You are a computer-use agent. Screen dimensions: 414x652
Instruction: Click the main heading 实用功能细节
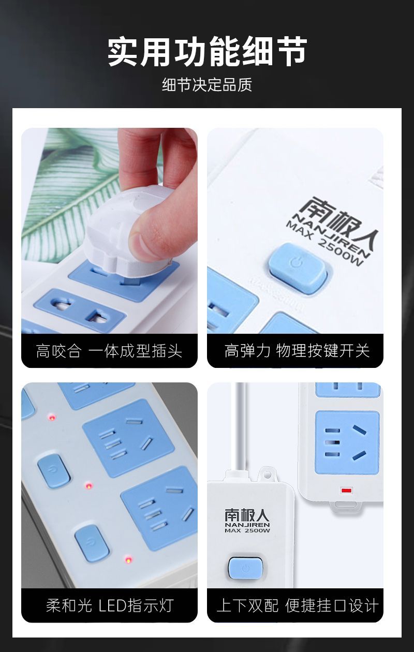click(x=207, y=52)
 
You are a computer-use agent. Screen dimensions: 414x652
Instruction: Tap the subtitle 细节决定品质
click(x=207, y=85)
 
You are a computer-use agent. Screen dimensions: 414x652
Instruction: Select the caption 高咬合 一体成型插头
click(x=109, y=351)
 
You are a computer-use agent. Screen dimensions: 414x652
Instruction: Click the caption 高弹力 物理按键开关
click(x=297, y=350)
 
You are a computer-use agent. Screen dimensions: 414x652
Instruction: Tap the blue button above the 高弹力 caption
click(x=298, y=269)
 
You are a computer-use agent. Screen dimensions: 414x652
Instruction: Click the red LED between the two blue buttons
click(x=89, y=486)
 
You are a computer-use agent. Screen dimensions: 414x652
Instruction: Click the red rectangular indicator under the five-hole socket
click(x=346, y=491)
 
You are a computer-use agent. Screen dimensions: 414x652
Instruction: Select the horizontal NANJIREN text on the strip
click(x=247, y=525)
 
